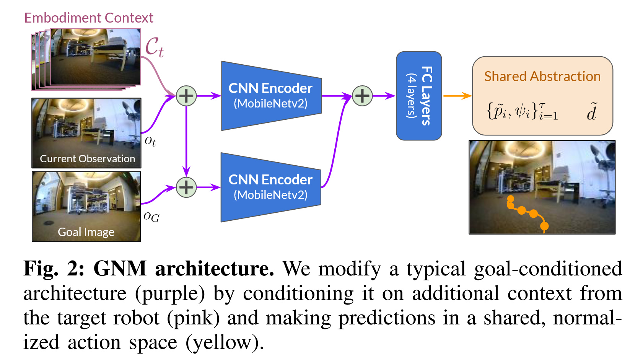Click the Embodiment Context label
89,18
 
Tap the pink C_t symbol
154,47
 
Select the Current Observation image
86,133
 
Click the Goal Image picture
86,206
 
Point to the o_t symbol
150,141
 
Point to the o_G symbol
151,217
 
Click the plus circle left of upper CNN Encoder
186,96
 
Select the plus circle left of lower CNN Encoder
186,187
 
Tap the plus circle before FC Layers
362,96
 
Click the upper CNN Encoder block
271,96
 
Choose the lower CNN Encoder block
270,187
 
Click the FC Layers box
419,96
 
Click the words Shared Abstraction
542,77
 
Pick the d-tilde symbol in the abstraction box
592,112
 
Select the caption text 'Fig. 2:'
54,269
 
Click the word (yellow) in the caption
225,342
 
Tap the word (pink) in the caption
193,318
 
